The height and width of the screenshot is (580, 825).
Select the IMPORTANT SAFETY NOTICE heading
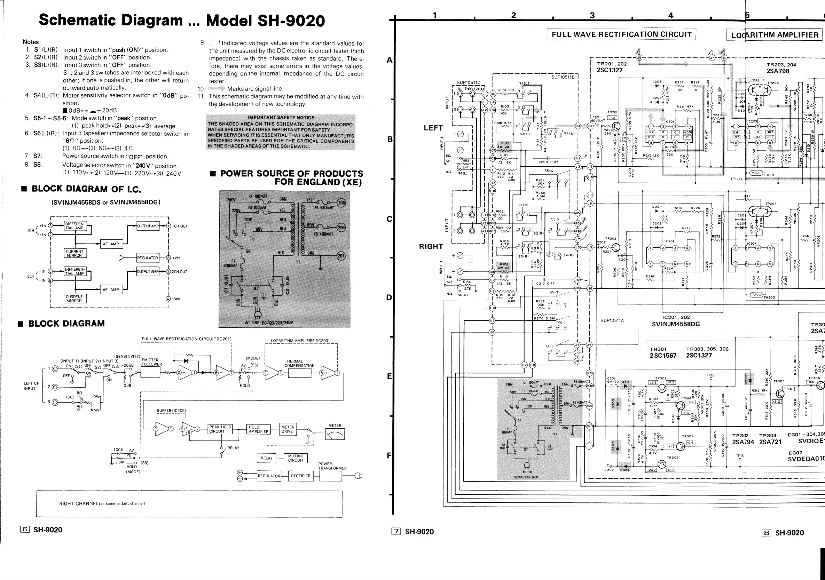point(281,118)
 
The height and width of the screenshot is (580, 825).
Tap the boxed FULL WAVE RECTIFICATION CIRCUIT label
point(621,34)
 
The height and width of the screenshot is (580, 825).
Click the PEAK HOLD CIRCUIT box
point(220,429)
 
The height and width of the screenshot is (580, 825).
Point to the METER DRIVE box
point(288,429)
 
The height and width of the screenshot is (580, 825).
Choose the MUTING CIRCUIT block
point(296,458)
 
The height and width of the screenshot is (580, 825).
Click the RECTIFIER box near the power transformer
point(300,476)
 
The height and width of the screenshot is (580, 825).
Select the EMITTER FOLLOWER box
point(150,372)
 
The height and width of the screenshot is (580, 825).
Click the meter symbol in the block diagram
point(335,435)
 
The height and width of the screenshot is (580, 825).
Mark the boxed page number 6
point(25,529)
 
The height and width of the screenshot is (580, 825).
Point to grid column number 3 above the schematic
point(592,15)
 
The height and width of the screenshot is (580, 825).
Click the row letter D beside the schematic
point(389,297)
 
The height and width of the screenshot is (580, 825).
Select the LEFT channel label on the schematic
point(433,128)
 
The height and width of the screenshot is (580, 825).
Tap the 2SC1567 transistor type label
point(662,356)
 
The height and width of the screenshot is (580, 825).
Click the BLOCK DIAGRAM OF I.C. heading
point(86,189)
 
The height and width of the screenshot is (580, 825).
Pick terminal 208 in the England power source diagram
point(341,203)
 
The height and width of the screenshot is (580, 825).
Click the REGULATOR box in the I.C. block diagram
point(147,258)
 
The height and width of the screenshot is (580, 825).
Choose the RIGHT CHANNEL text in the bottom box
point(78,503)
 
